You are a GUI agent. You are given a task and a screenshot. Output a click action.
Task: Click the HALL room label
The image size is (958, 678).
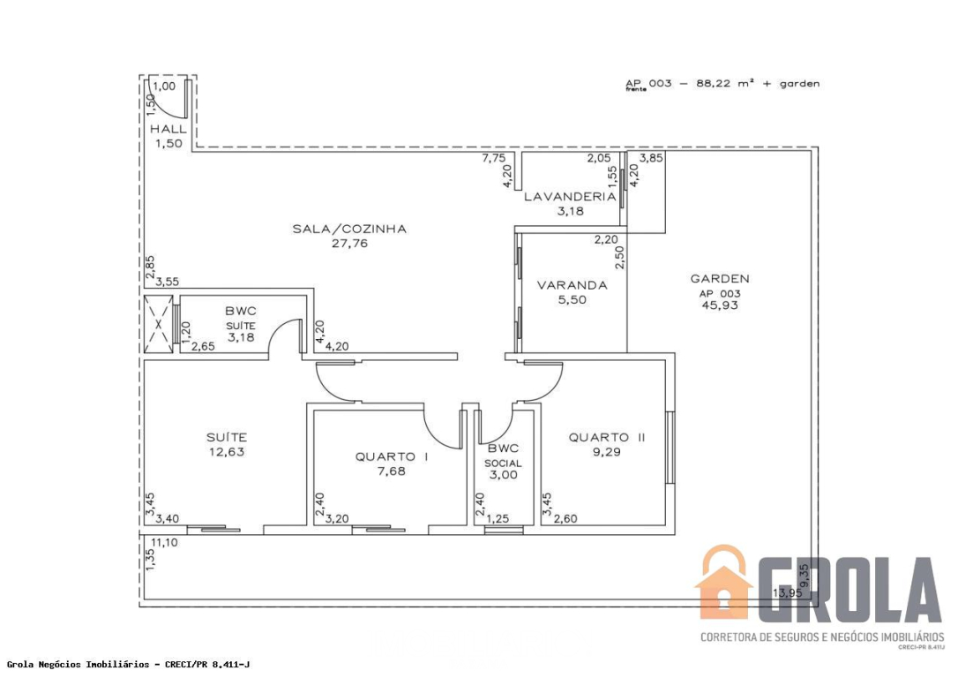(168, 129)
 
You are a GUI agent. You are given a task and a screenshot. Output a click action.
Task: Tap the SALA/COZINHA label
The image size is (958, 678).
(349, 230)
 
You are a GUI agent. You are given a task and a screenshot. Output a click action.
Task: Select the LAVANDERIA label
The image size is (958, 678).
(570, 197)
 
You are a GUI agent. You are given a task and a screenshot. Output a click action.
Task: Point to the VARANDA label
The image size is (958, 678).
(572, 285)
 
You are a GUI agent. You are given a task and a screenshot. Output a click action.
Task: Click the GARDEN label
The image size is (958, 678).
(720, 279)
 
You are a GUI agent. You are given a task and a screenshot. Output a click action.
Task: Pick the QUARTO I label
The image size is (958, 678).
(392, 456)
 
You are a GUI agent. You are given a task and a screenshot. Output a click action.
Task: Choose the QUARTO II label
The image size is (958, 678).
(607, 437)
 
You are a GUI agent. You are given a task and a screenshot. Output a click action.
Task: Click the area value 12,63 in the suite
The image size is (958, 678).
(227, 452)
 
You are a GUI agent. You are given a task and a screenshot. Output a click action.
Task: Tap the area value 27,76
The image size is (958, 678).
(349, 244)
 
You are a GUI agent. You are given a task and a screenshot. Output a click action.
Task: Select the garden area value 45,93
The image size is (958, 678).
(720, 305)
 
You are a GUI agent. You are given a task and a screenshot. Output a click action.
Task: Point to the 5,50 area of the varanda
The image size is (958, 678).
(572, 299)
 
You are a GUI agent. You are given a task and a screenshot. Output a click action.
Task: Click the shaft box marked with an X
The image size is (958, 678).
(158, 324)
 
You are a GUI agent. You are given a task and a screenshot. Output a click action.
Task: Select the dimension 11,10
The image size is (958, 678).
(164, 542)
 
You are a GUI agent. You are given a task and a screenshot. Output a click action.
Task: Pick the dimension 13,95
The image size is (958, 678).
(787, 592)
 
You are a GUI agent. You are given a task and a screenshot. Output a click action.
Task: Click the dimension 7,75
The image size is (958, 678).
(494, 158)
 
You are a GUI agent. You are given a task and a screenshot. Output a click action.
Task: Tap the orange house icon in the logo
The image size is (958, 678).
(723, 583)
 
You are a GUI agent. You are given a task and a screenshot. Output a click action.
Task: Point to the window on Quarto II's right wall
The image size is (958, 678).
(670, 448)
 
